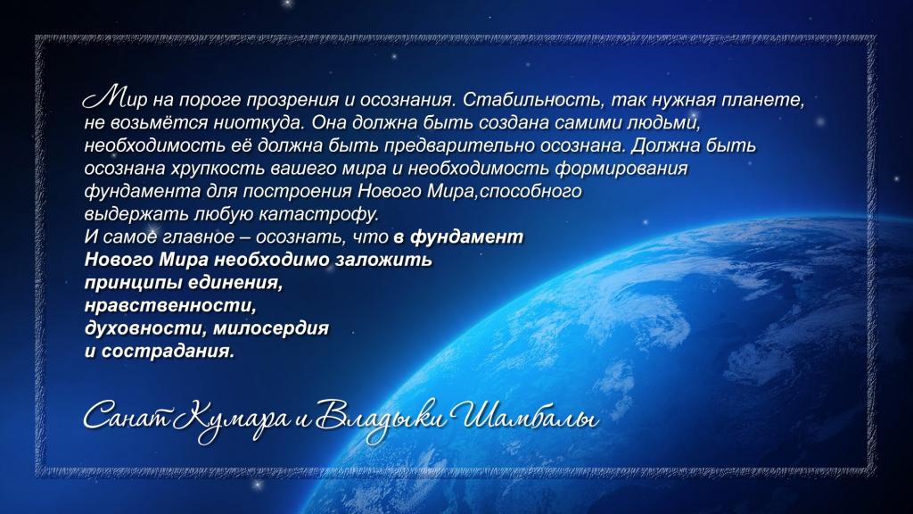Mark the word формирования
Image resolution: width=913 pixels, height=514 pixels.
pyautogui.click(x=621, y=169)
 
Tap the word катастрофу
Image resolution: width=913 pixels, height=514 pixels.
pyautogui.click(x=318, y=214)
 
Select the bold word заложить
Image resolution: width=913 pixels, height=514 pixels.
pyautogui.click(x=383, y=260)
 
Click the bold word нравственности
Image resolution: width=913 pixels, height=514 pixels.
pyautogui.click(x=170, y=306)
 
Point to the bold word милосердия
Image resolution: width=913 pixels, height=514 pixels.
pyautogui.click(x=271, y=328)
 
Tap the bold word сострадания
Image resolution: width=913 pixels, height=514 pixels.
pyautogui.click(x=168, y=352)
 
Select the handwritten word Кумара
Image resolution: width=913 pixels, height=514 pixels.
pyautogui.click(x=231, y=419)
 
